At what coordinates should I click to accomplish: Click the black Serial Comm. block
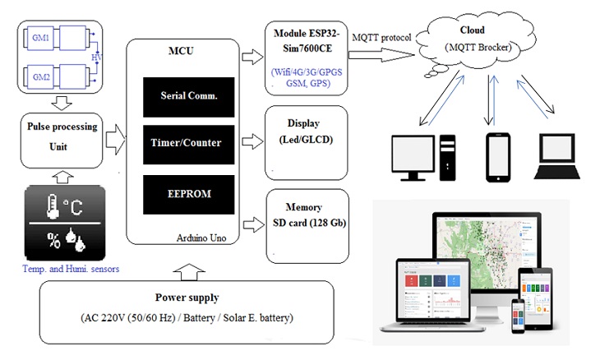182,95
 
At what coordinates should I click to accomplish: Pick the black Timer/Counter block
182,142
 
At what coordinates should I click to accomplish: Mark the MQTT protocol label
382,37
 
